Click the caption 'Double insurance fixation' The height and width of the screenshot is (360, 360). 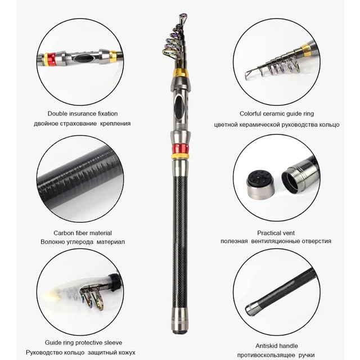[x=82, y=113]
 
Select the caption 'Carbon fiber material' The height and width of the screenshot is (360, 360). [x=82, y=232]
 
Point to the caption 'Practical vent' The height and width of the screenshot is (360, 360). [x=276, y=232]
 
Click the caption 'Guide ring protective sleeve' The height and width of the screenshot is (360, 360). [x=82, y=342]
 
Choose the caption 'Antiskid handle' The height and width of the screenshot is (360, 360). [x=276, y=345]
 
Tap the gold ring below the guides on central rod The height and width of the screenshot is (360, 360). [x=179, y=73]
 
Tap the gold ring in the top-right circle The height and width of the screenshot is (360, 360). [x=305, y=51]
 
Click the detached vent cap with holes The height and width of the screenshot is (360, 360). [x=260, y=182]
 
